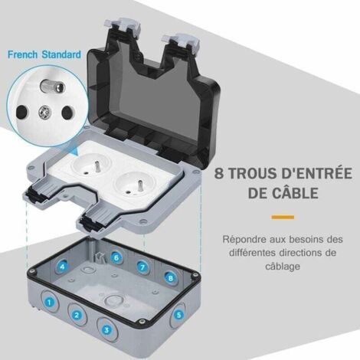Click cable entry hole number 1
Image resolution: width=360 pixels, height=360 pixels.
(50, 303)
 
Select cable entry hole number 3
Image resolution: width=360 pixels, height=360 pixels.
(107, 329)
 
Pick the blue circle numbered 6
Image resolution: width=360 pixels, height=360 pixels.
(116, 258)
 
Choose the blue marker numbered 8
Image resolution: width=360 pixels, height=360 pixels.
(170, 279)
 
